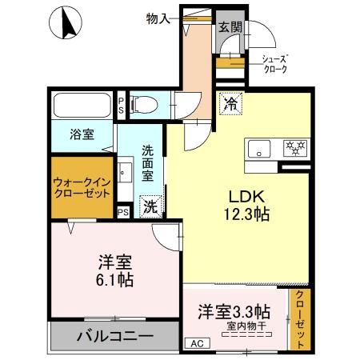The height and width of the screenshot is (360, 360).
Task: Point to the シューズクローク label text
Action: [x=275, y=63]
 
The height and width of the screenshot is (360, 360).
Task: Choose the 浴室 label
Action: [x=80, y=134]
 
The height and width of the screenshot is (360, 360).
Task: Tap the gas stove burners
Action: [x=294, y=149]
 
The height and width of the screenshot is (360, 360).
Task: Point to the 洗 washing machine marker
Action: [x=150, y=205]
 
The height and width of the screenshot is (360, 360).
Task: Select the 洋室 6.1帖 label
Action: [x=116, y=270]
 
